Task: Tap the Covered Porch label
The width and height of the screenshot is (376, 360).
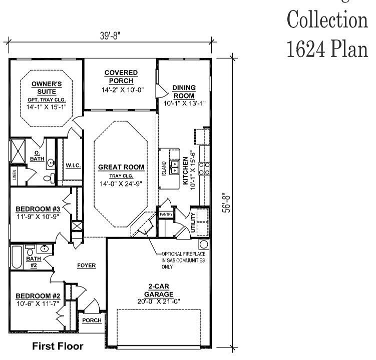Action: pos(121,76)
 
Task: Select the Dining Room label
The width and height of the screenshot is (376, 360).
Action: pos(184,91)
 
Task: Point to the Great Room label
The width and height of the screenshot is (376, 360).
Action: pos(121,167)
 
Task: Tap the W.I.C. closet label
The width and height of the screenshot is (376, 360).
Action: pos(74,165)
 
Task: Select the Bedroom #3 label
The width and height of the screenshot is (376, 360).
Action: pos(38,208)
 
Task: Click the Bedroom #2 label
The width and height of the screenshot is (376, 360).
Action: pos(38,295)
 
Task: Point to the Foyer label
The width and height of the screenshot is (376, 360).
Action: pos(86,265)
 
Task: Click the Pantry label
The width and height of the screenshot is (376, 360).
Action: pos(166,214)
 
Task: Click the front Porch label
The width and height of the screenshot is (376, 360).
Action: pos(92,320)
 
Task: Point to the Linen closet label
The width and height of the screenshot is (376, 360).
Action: pos(14,174)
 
